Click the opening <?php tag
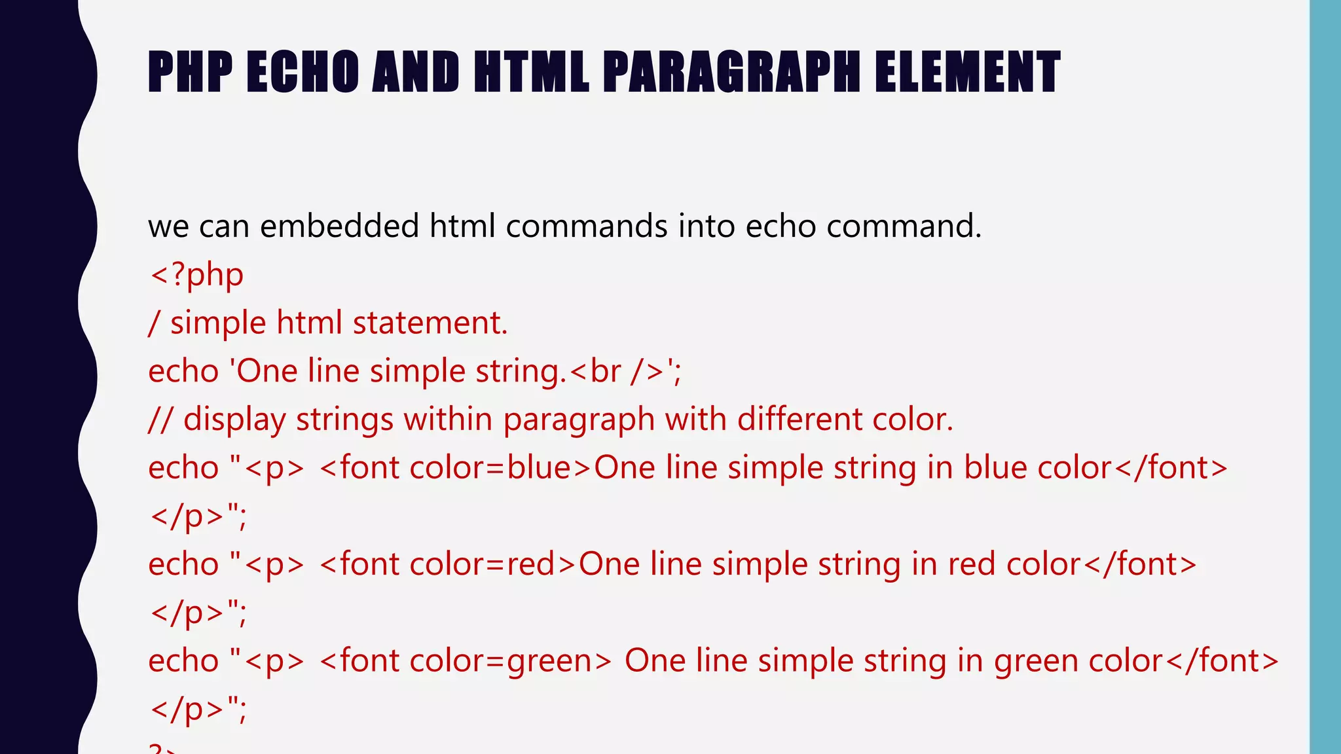point(196,275)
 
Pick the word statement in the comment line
point(430,323)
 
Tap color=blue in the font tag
point(490,468)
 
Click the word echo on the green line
point(183,660)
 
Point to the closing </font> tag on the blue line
point(1170,468)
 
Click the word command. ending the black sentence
point(904,226)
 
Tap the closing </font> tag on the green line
point(1222,660)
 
